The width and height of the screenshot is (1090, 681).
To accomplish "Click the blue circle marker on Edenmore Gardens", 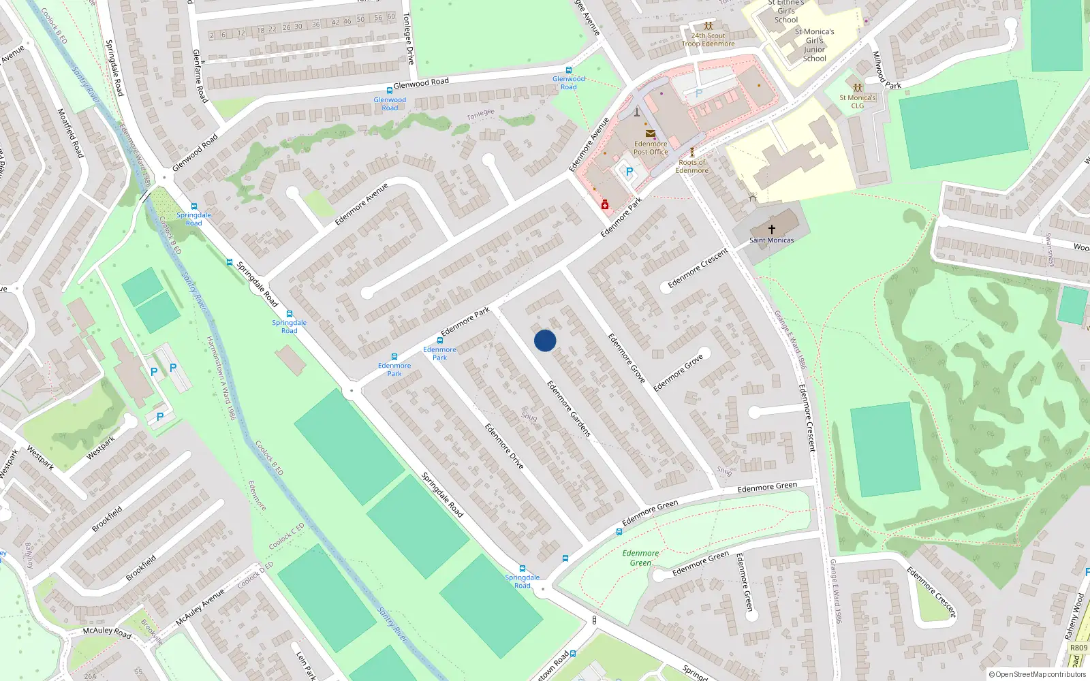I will click(x=545, y=340).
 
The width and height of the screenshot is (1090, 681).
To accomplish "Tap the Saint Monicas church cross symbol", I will click(x=771, y=229).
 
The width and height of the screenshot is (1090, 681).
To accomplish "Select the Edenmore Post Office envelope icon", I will click(x=650, y=133).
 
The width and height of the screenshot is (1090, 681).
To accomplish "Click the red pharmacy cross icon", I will click(x=605, y=204).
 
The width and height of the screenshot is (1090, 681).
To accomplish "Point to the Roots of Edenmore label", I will click(x=692, y=166).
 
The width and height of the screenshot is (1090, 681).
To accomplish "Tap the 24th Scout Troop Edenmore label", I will click(x=708, y=39).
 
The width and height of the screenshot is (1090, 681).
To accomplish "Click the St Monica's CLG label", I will click(x=857, y=101).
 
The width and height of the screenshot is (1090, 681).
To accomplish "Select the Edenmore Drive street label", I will click(x=504, y=446).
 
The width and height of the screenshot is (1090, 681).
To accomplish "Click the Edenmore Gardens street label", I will click(x=569, y=409).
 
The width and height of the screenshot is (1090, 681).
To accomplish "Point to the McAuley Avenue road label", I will click(x=200, y=607).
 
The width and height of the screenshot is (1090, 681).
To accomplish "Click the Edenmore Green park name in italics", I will click(x=640, y=558).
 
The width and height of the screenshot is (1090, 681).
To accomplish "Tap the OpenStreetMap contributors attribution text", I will click(x=1038, y=674).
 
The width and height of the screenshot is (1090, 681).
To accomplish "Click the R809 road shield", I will click(x=1078, y=648).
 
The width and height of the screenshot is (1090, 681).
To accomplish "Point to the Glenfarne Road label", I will click(x=200, y=76).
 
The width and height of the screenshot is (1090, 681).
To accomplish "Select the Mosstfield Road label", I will click(x=70, y=133).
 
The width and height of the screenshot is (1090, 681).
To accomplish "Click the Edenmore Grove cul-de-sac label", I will click(x=678, y=373).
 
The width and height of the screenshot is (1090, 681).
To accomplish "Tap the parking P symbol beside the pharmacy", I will click(x=629, y=172).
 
